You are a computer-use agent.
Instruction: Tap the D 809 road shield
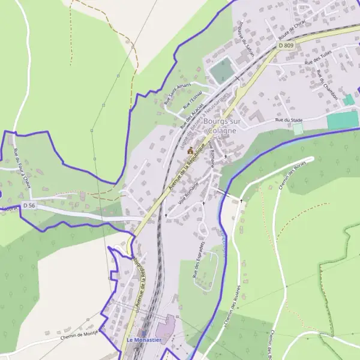(286, 45)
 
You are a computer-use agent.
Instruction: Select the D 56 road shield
(29, 205)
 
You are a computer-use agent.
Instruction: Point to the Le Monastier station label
(143, 340)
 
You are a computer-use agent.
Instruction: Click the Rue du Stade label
(288, 120)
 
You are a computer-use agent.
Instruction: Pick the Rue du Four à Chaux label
(23, 169)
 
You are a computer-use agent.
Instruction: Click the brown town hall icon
(190, 151)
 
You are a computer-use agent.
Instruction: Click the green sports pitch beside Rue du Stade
(343, 119)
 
